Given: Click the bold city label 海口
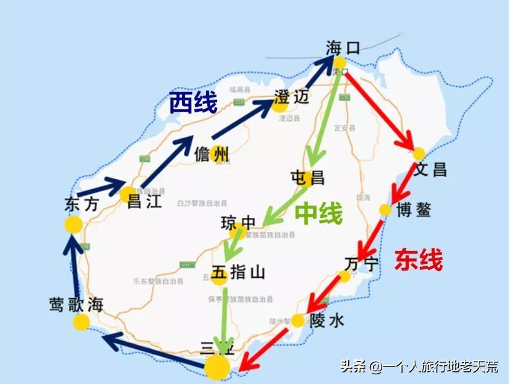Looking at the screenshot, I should pyautogui.click(x=342, y=48).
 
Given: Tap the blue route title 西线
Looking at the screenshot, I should pyautogui.click(x=192, y=103).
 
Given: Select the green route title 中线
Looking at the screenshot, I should pyautogui.click(x=319, y=213).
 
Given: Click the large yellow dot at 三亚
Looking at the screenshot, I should pyautogui.click(x=217, y=366).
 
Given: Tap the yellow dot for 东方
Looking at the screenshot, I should pyautogui.click(x=73, y=225).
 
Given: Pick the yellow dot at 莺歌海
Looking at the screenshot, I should pyautogui.click(x=81, y=322).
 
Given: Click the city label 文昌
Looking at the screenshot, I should pyautogui.click(x=430, y=170).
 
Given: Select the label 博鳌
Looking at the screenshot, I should pyautogui.click(x=414, y=210).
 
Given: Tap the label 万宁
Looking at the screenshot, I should pyautogui.click(x=361, y=264).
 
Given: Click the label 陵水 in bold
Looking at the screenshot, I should pyautogui.click(x=326, y=321).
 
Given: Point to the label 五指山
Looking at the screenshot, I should pyautogui.click(x=238, y=273).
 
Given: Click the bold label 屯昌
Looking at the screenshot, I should pyautogui.click(x=307, y=177).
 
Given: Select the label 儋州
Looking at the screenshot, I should pyautogui.click(x=212, y=155).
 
